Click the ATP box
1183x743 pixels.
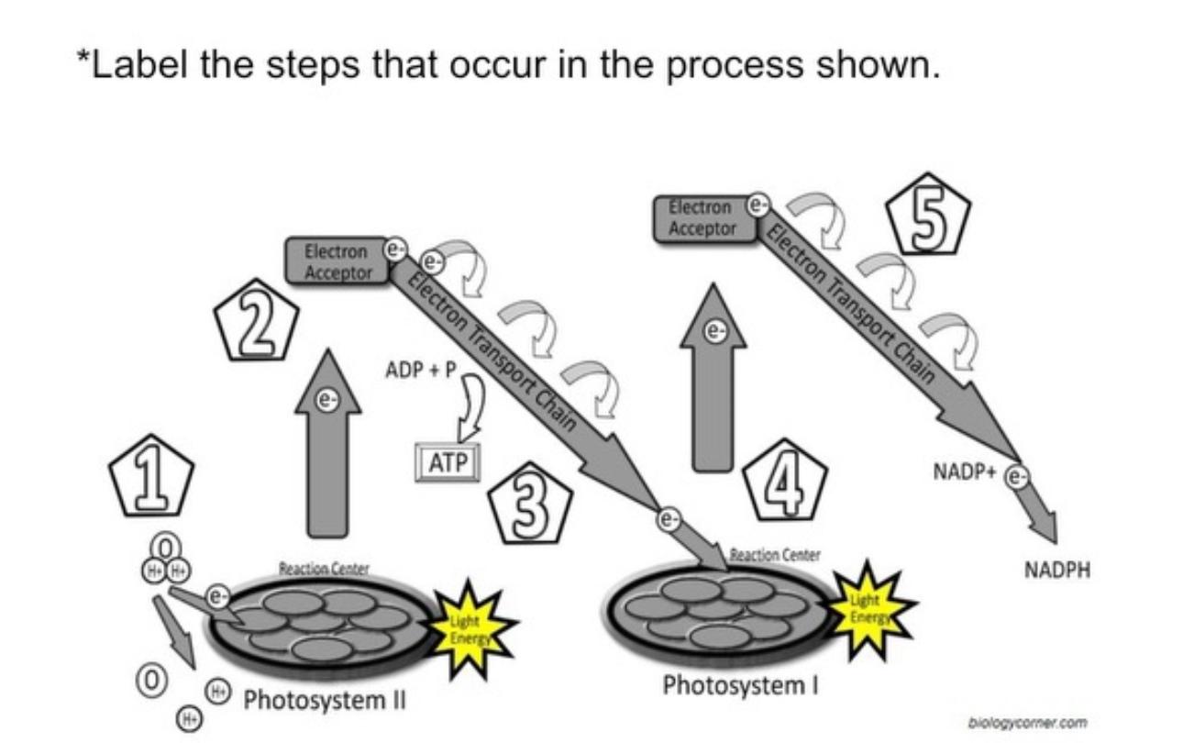tap(448, 463)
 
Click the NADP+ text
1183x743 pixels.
tap(964, 472)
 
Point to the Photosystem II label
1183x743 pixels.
tap(324, 702)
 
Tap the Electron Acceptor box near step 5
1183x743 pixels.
tap(702, 218)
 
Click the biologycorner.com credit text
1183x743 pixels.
tap(1027, 722)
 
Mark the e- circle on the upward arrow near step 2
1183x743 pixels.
tap(326, 400)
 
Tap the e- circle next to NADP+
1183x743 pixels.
tap(1016, 476)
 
